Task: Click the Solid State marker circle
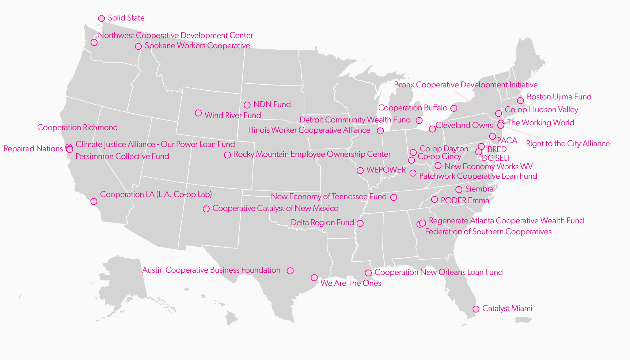point(101,18)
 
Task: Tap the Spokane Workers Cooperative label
point(197,46)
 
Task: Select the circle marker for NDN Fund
point(247,105)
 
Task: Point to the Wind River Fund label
point(232,115)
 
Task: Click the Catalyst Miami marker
point(476,309)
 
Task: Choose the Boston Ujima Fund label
point(559,97)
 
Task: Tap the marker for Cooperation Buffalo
point(453,108)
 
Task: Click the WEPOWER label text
point(386,170)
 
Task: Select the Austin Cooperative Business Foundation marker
point(290,271)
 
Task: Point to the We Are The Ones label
point(351,283)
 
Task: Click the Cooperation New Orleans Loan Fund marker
point(368,273)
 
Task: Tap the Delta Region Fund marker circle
point(360,223)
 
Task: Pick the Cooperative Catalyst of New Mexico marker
point(206,209)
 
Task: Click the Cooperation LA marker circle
point(94,201)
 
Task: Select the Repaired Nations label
point(33,149)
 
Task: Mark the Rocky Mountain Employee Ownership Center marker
point(227,155)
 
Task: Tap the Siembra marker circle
point(459,189)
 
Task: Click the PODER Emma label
point(465,201)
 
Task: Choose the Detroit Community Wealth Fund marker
point(419,121)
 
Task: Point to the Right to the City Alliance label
point(568,144)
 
